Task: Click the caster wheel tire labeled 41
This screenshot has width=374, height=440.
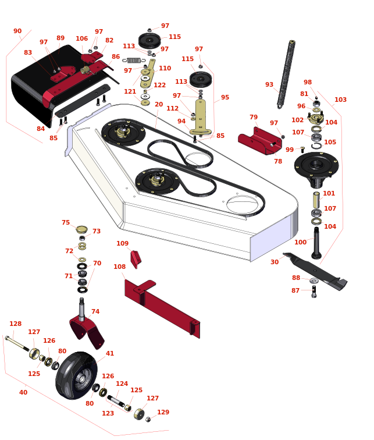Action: pyautogui.click(x=76, y=375)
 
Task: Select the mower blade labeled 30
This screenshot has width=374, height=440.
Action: pyautogui.click(x=315, y=271)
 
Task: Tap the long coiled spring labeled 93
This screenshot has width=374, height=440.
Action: pyautogui.click(x=286, y=74)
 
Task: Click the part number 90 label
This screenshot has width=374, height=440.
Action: pyautogui.click(x=17, y=31)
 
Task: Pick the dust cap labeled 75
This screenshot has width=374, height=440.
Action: pyautogui.click(x=81, y=229)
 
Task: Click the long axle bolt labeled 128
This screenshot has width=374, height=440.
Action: pyautogui.click(x=17, y=343)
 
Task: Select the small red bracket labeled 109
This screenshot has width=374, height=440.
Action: pyautogui.click(x=136, y=260)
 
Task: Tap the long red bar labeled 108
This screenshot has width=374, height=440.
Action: pyautogui.click(x=162, y=307)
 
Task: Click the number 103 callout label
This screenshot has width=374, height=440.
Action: pyautogui.click(x=340, y=100)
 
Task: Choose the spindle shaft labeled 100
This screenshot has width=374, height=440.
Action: pyautogui.click(x=316, y=243)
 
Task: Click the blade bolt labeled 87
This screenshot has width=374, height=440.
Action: pyautogui.click(x=314, y=292)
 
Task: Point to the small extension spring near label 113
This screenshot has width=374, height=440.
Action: pyautogui.click(x=134, y=60)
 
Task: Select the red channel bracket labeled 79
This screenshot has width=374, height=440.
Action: pyautogui.click(x=260, y=141)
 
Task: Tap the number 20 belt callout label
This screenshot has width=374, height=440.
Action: pyautogui.click(x=159, y=104)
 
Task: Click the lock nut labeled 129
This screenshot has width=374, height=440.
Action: pyautogui.click(x=148, y=419)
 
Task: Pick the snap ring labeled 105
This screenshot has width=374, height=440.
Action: pyautogui.click(x=316, y=146)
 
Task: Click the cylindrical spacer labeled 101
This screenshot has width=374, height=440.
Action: pyautogui.click(x=316, y=200)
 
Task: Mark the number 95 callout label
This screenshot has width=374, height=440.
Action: pyautogui.click(x=225, y=97)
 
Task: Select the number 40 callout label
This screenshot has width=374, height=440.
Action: pyautogui.click(x=23, y=392)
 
